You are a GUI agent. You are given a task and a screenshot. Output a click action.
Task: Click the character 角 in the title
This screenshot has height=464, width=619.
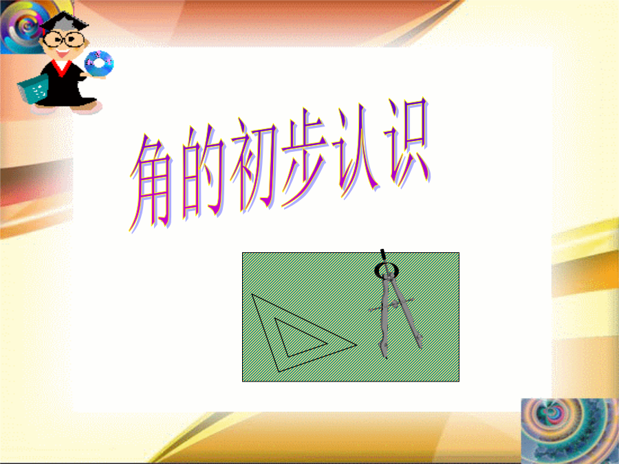[x=151, y=184]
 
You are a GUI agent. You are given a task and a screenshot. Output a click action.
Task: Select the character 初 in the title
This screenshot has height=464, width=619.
[x=254, y=163]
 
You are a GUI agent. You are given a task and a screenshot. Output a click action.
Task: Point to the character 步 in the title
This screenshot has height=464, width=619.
[x=305, y=158]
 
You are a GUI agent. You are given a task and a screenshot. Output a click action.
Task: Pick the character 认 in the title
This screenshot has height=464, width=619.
[x=356, y=150]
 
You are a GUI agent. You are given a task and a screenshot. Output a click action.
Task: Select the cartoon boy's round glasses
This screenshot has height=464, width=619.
[x=63, y=39]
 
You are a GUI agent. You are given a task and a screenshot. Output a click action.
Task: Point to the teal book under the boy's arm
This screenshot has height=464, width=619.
[x=33, y=89]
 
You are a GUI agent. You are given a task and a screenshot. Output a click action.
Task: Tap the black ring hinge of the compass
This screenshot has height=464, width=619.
[x=386, y=270]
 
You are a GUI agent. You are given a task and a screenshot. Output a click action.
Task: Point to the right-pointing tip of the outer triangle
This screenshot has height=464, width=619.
[x=357, y=345]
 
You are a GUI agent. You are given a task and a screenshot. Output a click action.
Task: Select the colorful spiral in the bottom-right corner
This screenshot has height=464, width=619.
[x=569, y=431]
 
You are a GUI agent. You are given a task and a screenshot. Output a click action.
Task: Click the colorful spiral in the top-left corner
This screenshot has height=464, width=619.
[x=23, y=26]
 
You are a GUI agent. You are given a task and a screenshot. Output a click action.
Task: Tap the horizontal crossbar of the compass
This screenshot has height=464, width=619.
[x=391, y=305]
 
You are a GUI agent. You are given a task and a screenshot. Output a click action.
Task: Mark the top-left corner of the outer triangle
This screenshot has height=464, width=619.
[x=252, y=294]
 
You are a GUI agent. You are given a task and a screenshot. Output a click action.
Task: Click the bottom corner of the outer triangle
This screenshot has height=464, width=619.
[x=279, y=372]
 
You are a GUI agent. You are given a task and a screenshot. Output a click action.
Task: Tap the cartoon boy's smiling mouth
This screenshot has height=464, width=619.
[x=63, y=52]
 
